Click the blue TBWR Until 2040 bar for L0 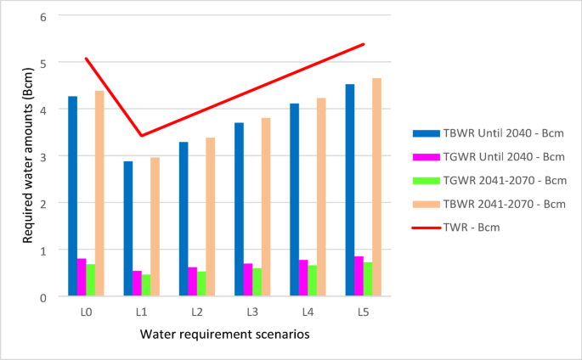pyautogui.click(x=72, y=196)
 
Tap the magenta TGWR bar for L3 pyautogui.click(x=248, y=279)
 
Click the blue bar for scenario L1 pyautogui.click(x=127, y=228)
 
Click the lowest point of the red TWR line pyautogui.click(x=141, y=136)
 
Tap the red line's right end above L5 pyautogui.click(x=364, y=44)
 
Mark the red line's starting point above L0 pyautogui.click(x=86, y=59)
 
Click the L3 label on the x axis pyautogui.click(x=252, y=312)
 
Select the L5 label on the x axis pyautogui.click(x=363, y=312)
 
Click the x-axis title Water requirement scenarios pyautogui.click(x=224, y=334)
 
